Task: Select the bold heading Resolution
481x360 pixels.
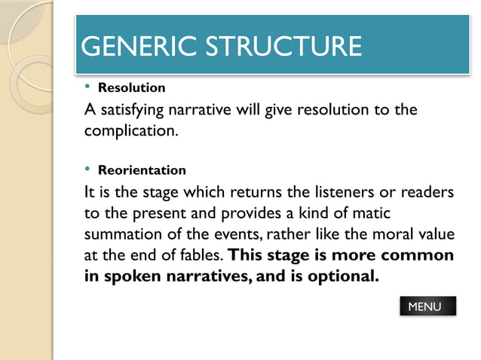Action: coord(131,88)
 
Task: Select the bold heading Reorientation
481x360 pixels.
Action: coord(142,170)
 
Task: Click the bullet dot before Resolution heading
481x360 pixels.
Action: coord(87,87)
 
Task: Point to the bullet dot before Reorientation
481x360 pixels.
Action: coord(87,169)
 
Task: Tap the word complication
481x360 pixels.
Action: coord(130,132)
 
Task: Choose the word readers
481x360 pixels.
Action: coord(426,193)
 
